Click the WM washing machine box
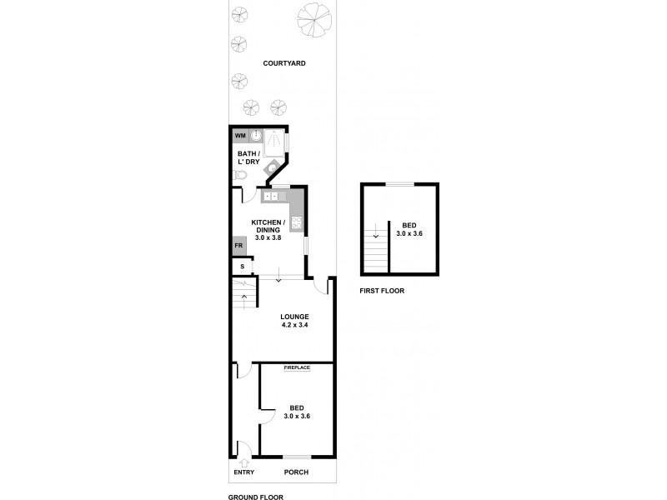[x=240, y=136]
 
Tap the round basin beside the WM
[x=257, y=136]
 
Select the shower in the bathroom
[x=274, y=142]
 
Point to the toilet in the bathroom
[x=239, y=175]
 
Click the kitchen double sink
[x=271, y=197]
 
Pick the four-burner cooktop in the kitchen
[x=297, y=222]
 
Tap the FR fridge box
[x=238, y=247]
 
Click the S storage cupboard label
[x=242, y=267]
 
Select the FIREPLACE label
[x=296, y=367]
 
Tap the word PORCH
[x=296, y=472]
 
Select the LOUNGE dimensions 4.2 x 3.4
[x=295, y=325]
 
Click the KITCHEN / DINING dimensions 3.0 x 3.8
[x=268, y=237]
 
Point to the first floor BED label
[x=409, y=225]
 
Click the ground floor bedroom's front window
[x=297, y=456]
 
